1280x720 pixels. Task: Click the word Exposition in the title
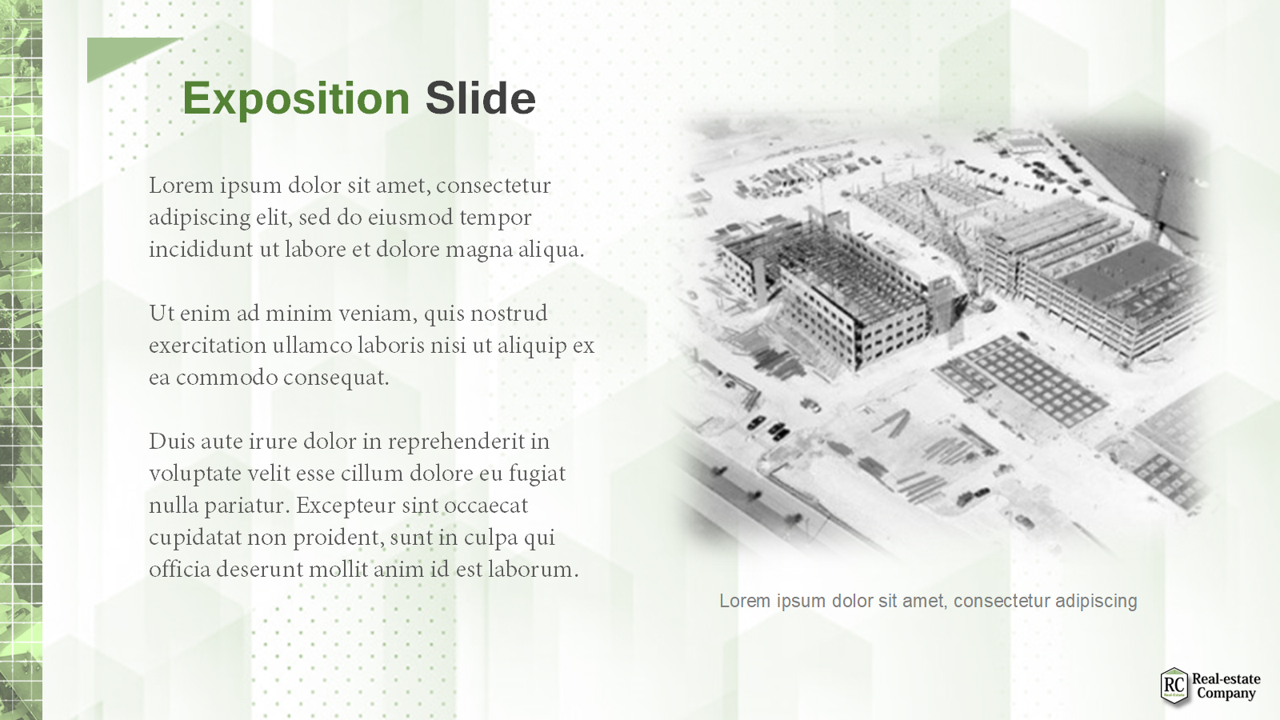296,99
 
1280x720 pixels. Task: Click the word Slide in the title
481,98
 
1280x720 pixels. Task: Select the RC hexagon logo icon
1174,686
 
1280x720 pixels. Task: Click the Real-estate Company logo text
1226,686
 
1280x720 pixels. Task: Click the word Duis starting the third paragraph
173,442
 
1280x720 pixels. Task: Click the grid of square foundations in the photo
1023,380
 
